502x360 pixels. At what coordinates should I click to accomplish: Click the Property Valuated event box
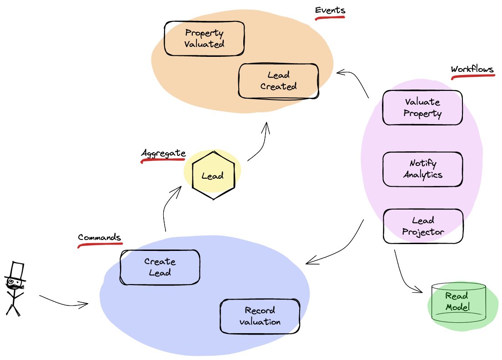click(204, 39)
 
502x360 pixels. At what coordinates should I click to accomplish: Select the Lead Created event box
click(278, 81)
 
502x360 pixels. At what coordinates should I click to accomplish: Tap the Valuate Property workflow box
click(422, 108)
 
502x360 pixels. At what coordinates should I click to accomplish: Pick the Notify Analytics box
click(422, 169)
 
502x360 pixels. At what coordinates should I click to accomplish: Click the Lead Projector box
click(423, 226)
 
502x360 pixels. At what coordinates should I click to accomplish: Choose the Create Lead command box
click(160, 267)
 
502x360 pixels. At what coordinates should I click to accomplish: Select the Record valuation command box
click(260, 316)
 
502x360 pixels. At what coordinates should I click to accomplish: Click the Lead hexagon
click(212, 175)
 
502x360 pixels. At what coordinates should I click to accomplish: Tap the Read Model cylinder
click(457, 301)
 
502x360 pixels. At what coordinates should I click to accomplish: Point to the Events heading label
click(330, 10)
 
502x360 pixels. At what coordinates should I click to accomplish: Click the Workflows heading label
click(472, 70)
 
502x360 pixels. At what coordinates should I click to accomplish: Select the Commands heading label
click(99, 237)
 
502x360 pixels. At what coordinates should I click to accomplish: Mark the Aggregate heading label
click(163, 153)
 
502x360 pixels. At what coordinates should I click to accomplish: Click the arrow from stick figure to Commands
click(64, 302)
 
